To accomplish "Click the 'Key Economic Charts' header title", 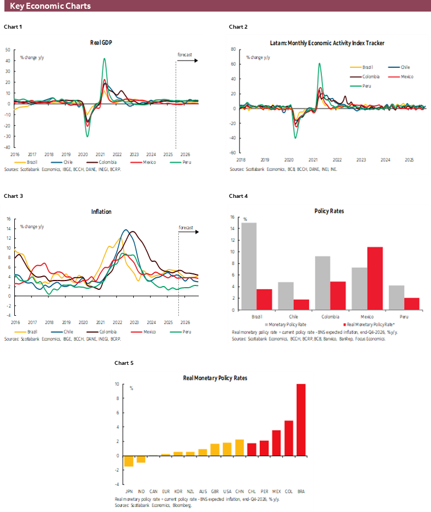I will tap(50, 6).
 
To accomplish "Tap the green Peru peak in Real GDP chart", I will tap(104, 60).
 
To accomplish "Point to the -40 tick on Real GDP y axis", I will tap(8, 147).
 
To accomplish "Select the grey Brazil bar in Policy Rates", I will tap(249, 266).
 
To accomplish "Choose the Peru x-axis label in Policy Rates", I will tap(403, 317).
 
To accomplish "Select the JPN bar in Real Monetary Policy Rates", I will tap(128, 461).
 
